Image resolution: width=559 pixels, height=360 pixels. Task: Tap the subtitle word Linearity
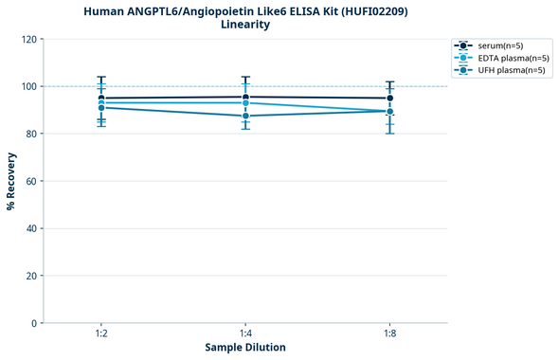click(x=244, y=25)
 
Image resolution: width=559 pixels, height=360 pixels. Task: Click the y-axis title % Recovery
click(x=11, y=180)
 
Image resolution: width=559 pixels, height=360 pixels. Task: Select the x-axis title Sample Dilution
click(x=245, y=348)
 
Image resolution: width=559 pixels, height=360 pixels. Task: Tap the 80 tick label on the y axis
click(x=29, y=134)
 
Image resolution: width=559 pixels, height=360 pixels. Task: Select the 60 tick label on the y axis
click(x=29, y=181)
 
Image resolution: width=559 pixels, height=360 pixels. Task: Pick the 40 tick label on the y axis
click(x=29, y=228)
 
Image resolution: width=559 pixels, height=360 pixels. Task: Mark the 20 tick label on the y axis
click(x=29, y=276)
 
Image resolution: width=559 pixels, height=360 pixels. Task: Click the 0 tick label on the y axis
click(x=32, y=323)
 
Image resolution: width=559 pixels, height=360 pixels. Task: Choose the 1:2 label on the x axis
click(x=101, y=333)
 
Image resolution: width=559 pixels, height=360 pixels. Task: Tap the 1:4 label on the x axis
click(x=245, y=333)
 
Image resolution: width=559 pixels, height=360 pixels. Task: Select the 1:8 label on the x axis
click(x=389, y=333)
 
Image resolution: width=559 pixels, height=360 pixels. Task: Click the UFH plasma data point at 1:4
click(x=245, y=116)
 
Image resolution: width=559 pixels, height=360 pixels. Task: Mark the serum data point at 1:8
click(x=389, y=98)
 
